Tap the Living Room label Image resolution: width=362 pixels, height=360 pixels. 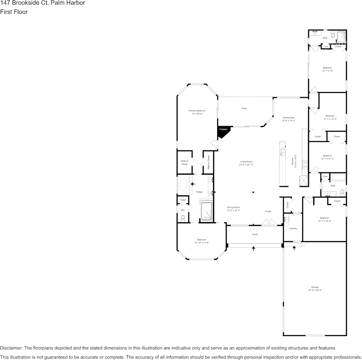point(246,162)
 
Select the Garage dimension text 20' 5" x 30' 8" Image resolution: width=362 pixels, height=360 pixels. point(315,290)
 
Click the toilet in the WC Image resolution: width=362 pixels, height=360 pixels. point(183,218)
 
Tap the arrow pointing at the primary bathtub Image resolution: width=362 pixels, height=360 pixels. point(193,184)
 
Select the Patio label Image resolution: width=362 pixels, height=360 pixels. point(244,108)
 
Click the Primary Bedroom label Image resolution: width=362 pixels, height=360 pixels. point(197,111)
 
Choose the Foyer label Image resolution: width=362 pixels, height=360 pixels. point(268,211)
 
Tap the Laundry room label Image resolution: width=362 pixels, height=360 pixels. point(293,228)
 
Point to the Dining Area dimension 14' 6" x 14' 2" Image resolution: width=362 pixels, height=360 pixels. point(288,121)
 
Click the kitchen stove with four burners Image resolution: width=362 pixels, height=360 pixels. point(305,165)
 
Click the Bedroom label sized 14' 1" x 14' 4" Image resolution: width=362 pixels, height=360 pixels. point(324,218)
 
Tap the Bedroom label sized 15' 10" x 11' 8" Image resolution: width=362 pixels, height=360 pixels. point(202,240)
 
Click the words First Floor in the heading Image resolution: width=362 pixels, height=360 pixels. point(14,12)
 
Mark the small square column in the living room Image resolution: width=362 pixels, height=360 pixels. point(253,192)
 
